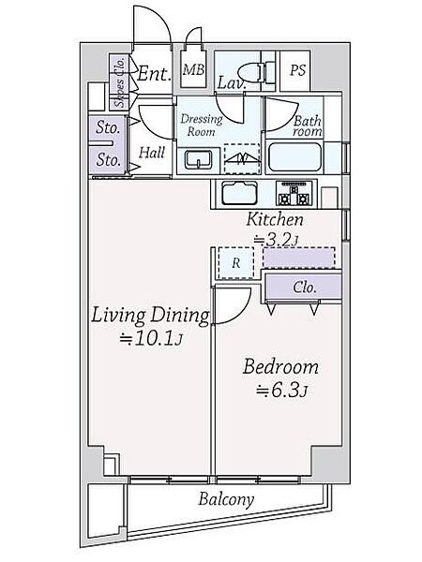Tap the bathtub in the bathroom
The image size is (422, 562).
294,157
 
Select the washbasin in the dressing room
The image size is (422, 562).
199,159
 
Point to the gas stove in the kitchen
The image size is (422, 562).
294,194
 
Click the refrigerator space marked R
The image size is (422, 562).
235,263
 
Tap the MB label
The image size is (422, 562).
193,69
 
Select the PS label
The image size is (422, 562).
297,70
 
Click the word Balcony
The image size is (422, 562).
226,499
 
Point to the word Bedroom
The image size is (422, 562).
280,367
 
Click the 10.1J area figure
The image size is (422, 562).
152,339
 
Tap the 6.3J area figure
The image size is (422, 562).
281,391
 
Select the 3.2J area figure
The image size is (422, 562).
276,240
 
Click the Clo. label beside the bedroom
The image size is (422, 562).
305,288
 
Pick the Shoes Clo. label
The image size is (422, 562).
120,82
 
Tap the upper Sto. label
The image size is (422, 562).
108,127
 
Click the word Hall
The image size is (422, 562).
152,153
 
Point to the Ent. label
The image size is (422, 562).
153,74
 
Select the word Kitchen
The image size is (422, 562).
275,219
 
